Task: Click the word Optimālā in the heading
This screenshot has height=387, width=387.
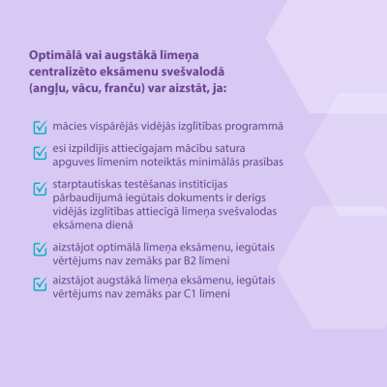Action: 58,54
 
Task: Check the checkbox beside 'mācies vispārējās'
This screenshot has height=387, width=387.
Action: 40,127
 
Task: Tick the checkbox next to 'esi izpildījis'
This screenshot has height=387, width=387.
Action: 40,152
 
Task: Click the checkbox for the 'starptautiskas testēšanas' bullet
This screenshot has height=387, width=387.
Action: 40,189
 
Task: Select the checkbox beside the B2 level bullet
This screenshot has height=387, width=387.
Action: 40,249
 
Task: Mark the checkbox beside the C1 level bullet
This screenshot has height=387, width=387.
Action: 40,283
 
